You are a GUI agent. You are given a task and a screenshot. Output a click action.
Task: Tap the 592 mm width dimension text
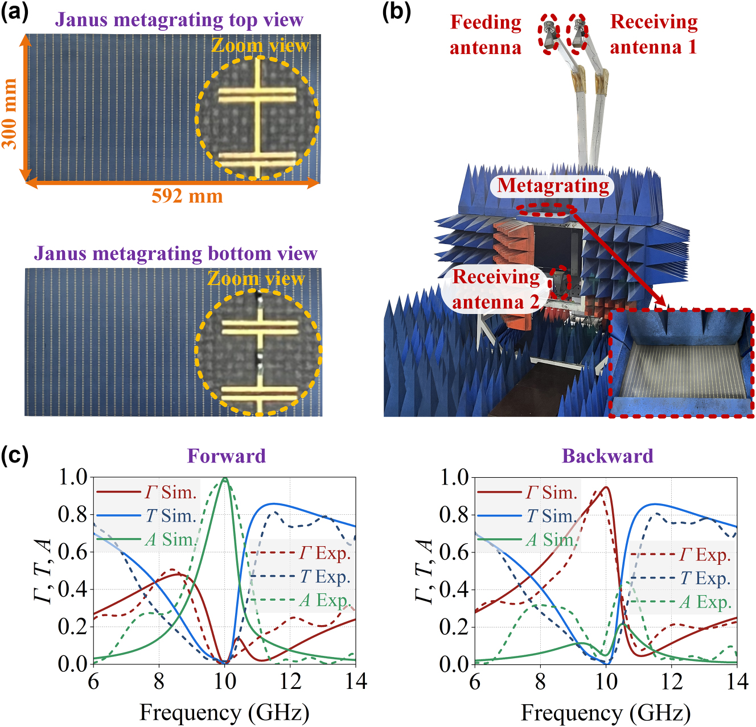click(x=187, y=196)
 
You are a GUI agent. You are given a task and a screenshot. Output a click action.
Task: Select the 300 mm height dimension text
click(x=10, y=113)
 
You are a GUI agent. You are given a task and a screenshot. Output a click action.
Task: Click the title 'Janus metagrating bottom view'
click(x=175, y=253)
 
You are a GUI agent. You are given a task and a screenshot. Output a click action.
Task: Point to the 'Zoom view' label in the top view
click(x=260, y=46)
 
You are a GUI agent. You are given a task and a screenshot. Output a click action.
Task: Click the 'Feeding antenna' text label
click(x=486, y=35)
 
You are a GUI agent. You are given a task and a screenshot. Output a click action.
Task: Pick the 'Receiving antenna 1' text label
click(x=654, y=35)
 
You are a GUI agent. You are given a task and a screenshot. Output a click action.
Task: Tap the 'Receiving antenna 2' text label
click(x=496, y=289)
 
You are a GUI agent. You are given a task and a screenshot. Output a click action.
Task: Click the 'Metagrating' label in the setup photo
click(x=553, y=185)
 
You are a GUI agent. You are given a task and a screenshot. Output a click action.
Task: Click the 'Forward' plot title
click(x=226, y=456)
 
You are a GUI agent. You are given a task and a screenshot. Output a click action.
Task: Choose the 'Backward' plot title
click(x=607, y=456)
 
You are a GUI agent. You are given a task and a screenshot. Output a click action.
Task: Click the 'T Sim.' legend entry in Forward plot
click(x=171, y=516)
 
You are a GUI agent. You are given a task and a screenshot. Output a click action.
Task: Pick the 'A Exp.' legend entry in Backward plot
click(x=705, y=602)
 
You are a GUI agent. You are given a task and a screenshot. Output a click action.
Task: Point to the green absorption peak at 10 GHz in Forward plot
click(x=225, y=479)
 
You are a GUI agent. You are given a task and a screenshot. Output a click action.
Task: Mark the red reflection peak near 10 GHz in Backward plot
click(x=606, y=488)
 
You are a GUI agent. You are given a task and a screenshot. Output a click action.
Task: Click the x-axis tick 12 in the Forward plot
click(x=290, y=681)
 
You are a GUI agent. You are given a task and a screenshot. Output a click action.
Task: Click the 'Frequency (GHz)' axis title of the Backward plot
click(x=606, y=713)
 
